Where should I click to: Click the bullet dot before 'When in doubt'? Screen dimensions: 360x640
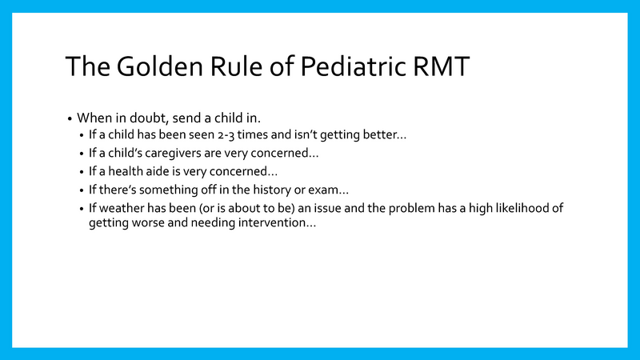coord(70,118)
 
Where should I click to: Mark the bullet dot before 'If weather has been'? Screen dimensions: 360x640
coord(82,210)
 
